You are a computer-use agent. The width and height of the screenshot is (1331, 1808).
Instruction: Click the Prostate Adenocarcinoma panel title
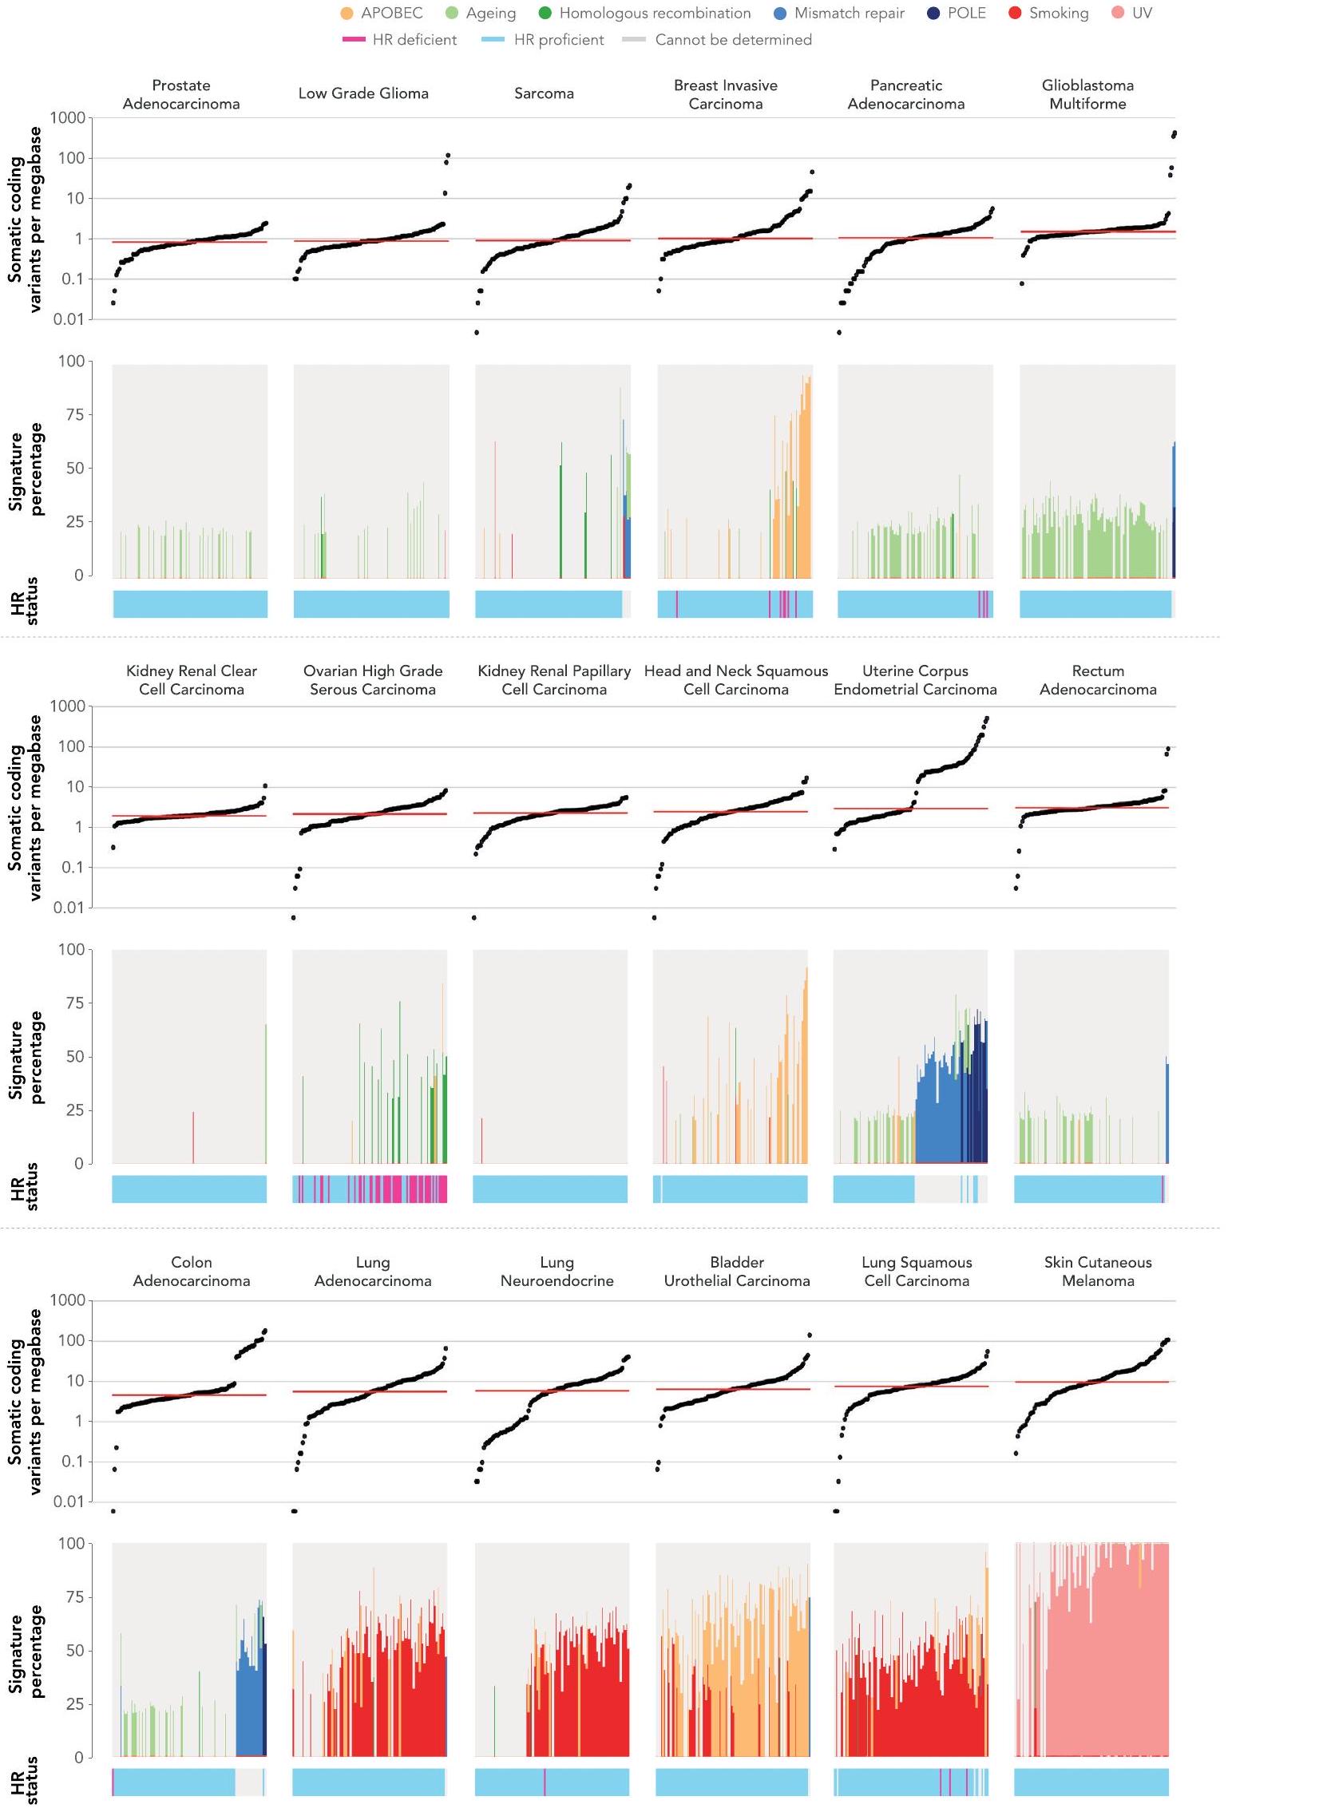pos(181,94)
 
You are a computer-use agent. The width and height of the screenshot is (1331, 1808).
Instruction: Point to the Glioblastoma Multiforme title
pos(1087,94)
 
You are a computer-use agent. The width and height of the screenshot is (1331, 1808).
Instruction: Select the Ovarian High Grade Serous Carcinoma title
pos(372,680)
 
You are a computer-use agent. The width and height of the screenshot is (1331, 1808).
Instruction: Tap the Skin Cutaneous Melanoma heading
pos(1097,1271)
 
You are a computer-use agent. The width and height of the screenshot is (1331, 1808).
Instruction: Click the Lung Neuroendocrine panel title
pos(557,1271)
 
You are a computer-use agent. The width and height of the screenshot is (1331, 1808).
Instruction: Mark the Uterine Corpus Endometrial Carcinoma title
pos(915,680)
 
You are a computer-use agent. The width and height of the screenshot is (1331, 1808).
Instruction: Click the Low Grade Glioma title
pos(363,93)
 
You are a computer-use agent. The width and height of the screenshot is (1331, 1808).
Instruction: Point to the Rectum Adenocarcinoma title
pos(1097,680)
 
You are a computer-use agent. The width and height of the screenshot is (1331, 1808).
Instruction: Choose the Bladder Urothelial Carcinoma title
pos(736,1271)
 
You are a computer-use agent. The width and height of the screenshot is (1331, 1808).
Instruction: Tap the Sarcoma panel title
pos(544,93)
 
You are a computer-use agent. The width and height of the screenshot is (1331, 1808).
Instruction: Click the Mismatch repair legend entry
pos(849,13)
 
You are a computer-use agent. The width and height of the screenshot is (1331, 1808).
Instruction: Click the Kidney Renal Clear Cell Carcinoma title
pos(191,680)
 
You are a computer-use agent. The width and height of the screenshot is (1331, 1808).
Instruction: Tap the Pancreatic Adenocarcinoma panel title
pos(905,94)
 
